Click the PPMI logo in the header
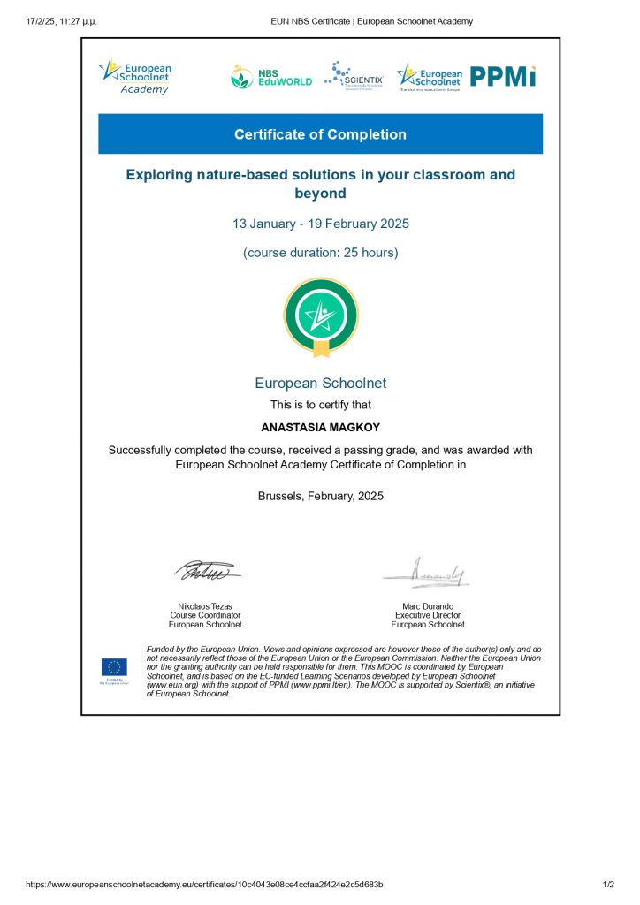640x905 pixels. click(503, 77)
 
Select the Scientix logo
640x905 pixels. click(354, 75)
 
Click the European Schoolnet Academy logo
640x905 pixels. click(136, 76)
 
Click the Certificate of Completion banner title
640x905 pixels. click(320, 134)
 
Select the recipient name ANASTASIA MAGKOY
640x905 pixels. click(320, 427)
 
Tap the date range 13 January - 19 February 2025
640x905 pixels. click(320, 224)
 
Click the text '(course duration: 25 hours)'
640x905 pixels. click(320, 253)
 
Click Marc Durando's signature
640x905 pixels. click(428, 573)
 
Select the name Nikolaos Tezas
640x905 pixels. click(205, 605)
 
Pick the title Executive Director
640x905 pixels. click(428, 615)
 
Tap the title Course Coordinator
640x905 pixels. click(205, 615)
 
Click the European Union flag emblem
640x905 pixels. click(114, 667)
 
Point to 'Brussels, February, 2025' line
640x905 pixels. click(320, 496)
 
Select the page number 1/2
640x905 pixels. click(608, 885)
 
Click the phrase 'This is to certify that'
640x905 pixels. click(320, 405)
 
